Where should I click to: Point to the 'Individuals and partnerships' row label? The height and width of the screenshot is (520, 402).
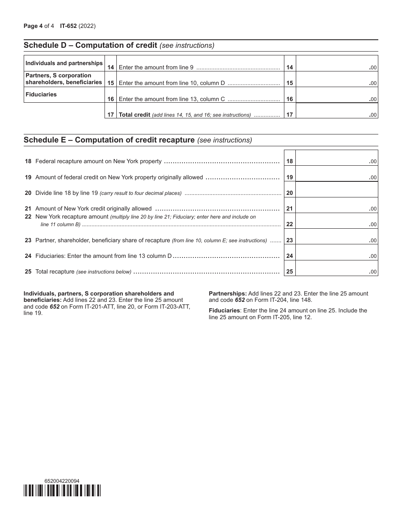click(x=64, y=63)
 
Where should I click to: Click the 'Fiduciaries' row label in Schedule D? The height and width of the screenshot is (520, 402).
click(x=41, y=95)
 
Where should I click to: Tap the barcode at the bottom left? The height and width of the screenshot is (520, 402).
click(x=62, y=490)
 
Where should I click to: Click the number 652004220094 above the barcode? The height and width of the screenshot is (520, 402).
click(x=61, y=481)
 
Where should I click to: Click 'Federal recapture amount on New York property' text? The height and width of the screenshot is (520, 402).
click(x=98, y=161)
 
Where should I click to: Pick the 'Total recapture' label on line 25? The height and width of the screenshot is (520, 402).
click(x=55, y=271)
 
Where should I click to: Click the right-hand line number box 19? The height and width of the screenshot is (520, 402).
click(x=289, y=178)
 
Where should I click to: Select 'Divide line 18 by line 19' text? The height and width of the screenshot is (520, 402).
click(x=66, y=193)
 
